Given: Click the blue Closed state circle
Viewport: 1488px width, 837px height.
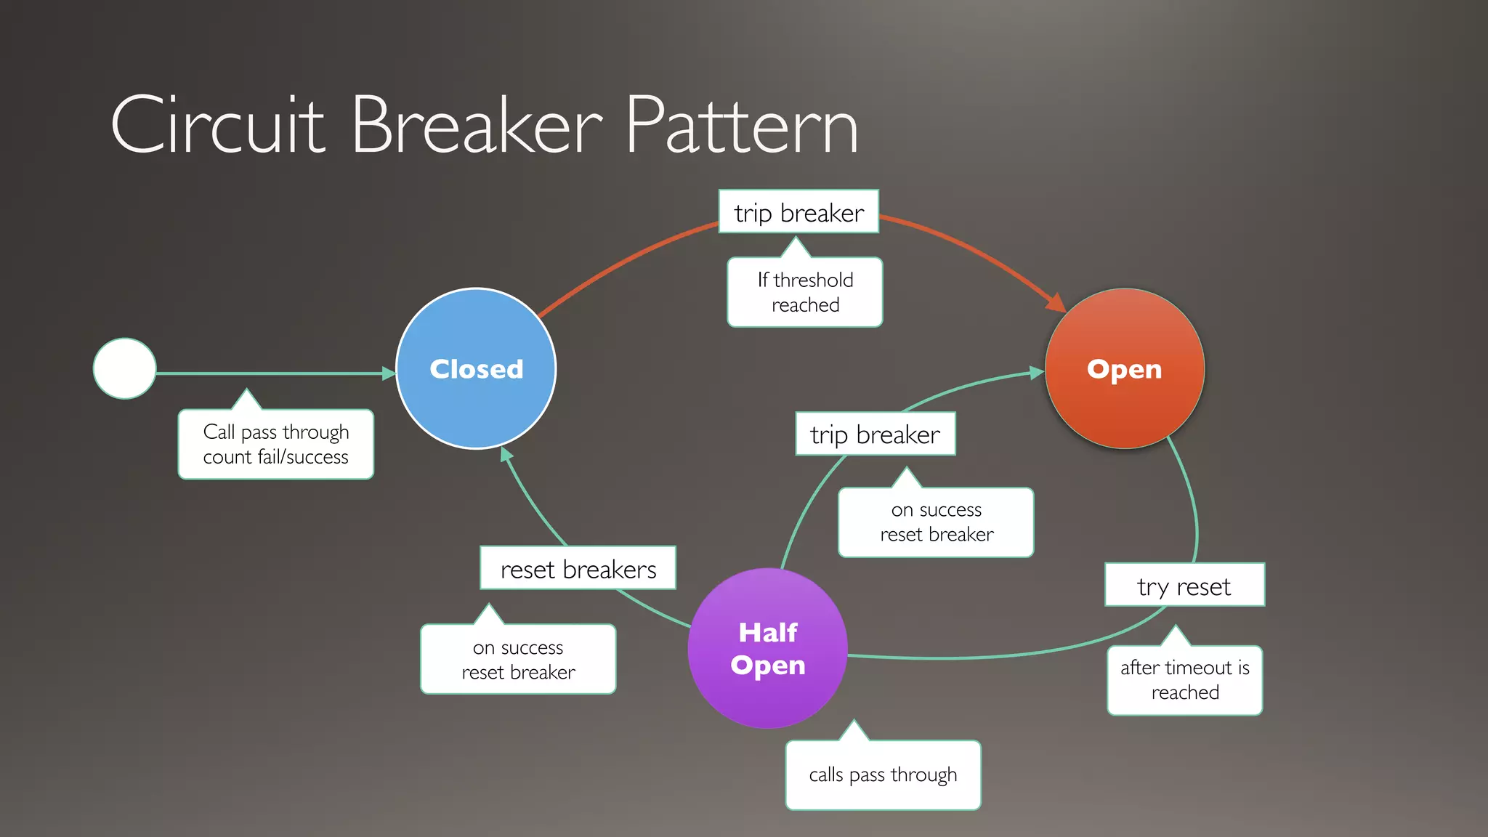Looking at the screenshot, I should click(x=476, y=368).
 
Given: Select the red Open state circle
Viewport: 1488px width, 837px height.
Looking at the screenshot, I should click(x=1124, y=368).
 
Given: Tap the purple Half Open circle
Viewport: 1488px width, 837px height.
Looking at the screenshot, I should click(x=767, y=648).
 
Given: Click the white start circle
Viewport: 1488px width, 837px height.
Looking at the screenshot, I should click(x=125, y=368).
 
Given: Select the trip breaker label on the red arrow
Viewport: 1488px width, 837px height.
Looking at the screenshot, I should click(x=798, y=212).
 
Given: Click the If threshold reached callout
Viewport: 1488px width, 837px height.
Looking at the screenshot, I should click(x=805, y=292).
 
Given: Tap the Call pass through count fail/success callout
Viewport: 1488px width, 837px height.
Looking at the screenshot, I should click(x=276, y=444).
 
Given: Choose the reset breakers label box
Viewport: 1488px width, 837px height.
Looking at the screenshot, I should click(x=578, y=568).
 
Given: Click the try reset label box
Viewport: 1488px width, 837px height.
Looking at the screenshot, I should click(x=1184, y=585).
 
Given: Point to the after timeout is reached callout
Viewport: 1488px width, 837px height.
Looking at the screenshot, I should click(x=1184, y=680).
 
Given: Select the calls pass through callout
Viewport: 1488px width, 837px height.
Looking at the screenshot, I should click(x=883, y=775).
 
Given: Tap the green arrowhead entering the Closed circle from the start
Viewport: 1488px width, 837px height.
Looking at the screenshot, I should click(x=389, y=373).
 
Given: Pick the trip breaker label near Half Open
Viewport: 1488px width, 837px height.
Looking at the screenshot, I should click(x=875, y=434).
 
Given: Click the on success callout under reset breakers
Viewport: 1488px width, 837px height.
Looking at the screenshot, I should click(x=518, y=659).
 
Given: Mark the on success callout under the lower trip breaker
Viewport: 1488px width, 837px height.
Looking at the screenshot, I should click(x=936, y=522).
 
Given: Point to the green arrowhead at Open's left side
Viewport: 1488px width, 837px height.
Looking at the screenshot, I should click(x=1037, y=373).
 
